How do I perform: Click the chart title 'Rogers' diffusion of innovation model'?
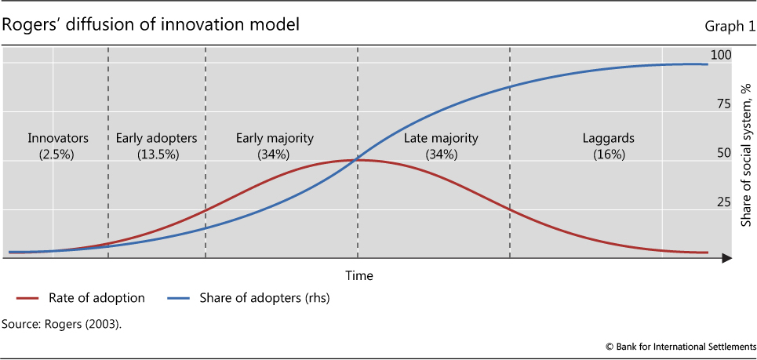tap(151, 25)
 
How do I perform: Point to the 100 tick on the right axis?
tap(720, 55)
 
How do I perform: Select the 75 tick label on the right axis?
tap(723, 104)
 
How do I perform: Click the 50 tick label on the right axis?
tap(723, 153)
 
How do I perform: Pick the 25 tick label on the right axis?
tap(723, 202)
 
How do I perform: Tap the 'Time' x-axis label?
tap(359, 275)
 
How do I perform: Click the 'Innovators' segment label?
tap(57, 139)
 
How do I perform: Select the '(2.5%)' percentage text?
tap(56, 155)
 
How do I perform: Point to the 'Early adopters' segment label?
tap(156, 139)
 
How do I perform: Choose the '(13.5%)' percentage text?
tap(157, 155)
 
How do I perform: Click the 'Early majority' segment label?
tap(275, 139)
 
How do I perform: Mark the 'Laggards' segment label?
tap(608, 139)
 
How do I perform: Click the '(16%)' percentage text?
tap(609, 155)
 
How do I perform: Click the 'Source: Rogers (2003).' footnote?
tap(62, 323)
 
